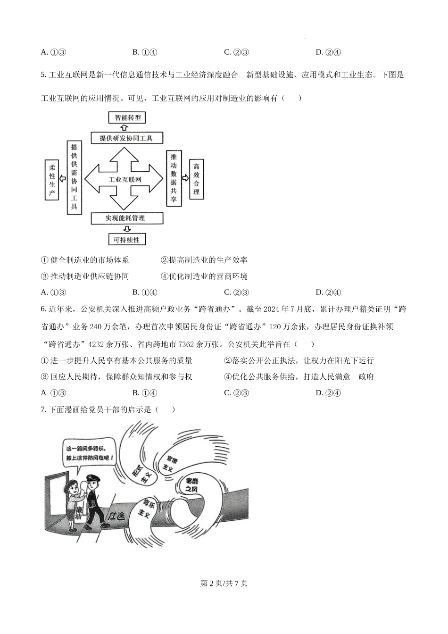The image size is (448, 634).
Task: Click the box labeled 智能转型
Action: click(x=127, y=117)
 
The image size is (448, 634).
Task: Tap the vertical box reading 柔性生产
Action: click(x=52, y=180)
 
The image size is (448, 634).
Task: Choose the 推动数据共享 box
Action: click(x=174, y=178)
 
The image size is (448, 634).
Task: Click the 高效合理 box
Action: click(x=196, y=179)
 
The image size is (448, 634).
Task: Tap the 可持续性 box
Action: click(x=127, y=240)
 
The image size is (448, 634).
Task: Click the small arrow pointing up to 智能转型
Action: click(x=124, y=127)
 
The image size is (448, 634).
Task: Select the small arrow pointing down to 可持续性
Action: click(x=124, y=229)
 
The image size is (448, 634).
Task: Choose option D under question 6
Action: click(x=328, y=393)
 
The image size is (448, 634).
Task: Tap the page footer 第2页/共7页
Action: click(x=224, y=583)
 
